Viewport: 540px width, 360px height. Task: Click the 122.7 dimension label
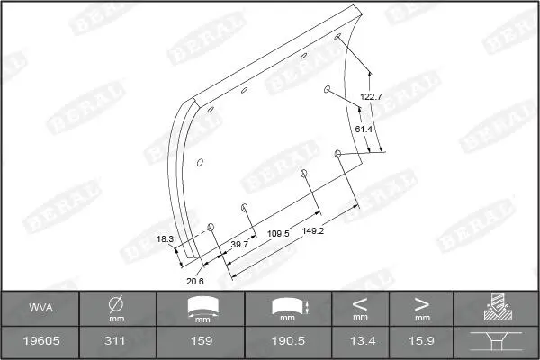pos(371,97)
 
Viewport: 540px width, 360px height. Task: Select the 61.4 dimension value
pos(364,130)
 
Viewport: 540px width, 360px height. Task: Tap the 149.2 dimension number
pos(313,230)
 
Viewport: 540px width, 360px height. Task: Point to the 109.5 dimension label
pos(278,234)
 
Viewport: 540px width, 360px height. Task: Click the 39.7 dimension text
pos(239,245)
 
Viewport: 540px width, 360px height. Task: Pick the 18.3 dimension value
pos(165,239)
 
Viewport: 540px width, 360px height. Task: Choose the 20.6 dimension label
pos(195,281)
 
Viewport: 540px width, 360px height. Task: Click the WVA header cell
pos(40,307)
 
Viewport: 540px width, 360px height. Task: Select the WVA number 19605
pos(41,341)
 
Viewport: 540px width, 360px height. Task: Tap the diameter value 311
pos(114,341)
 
